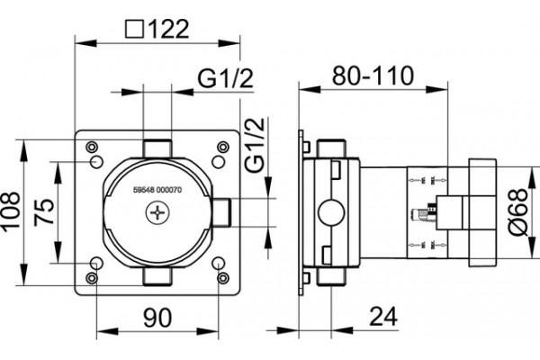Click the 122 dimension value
(x=169, y=29)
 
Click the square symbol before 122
(x=134, y=29)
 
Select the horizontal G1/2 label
(x=225, y=78)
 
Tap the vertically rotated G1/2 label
(x=256, y=144)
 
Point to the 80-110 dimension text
(x=373, y=76)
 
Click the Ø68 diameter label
(x=518, y=211)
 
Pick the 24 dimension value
(x=383, y=316)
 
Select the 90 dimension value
(x=157, y=318)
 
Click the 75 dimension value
(x=44, y=211)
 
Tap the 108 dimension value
(x=10, y=211)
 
